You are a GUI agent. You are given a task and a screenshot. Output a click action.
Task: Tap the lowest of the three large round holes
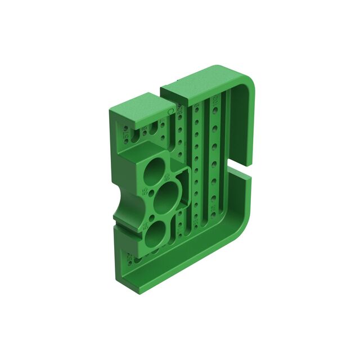click(154, 233)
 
